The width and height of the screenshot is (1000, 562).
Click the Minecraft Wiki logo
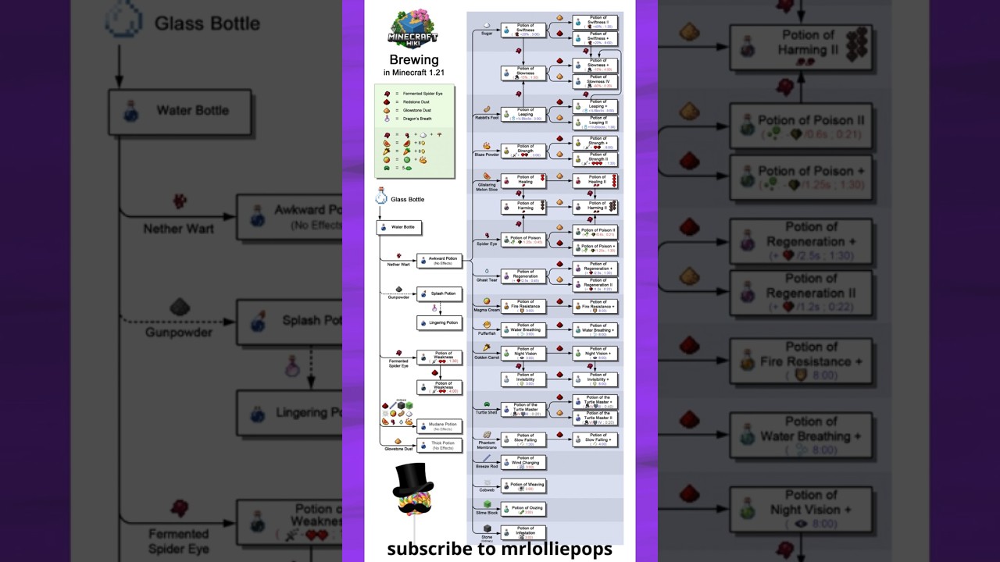click(x=413, y=30)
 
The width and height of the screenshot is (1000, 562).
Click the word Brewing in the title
click(x=414, y=60)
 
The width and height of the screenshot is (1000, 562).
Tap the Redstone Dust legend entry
click(x=416, y=102)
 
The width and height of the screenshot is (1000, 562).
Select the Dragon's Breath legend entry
click(x=416, y=119)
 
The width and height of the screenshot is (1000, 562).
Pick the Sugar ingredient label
click(x=487, y=34)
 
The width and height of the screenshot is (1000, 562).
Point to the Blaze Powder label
click(x=487, y=155)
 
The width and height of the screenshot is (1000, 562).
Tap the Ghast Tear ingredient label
click(x=487, y=279)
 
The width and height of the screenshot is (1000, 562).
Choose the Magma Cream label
click(x=487, y=310)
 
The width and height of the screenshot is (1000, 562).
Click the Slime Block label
click(x=487, y=513)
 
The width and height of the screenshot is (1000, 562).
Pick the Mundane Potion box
click(x=440, y=426)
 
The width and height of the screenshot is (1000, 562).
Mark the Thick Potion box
click(x=440, y=445)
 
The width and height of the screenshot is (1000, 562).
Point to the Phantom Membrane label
click(x=487, y=445)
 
